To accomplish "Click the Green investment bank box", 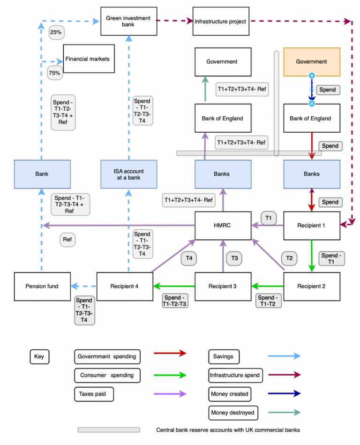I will coord(128,21).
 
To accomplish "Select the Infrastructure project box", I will coord(221,21).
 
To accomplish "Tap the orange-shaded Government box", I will coord(312,61).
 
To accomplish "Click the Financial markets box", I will coord(89,59).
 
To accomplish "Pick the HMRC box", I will coord(223,226).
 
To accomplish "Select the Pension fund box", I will coord(42,286).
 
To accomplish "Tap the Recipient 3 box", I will coord(223,286).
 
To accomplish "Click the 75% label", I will coord(55,73).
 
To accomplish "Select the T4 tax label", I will coord(189,257).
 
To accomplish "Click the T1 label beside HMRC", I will coord(269,218).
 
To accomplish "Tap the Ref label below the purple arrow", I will coord(67,240).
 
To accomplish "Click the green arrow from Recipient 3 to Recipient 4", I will coord(174,286).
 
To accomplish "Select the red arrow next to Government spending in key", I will coord(170,353).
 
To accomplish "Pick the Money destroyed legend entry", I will coord(232,413).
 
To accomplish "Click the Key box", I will coord(39,356).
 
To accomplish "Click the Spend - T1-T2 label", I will coord(269,301).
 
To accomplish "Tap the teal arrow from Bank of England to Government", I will coord(205,90).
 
